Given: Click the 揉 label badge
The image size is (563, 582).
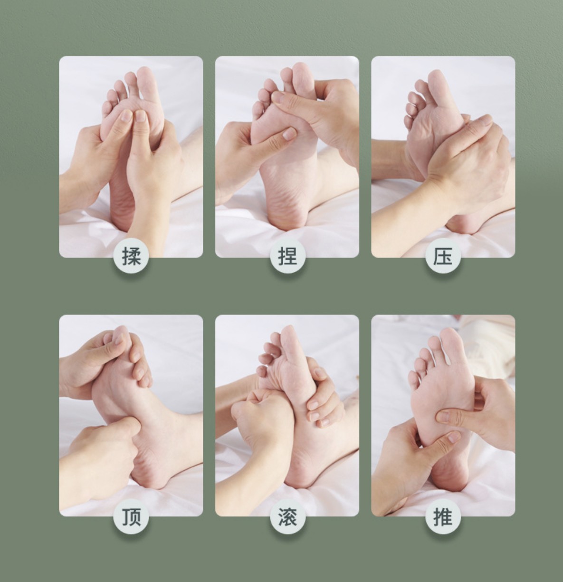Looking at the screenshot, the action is tap(131, 256).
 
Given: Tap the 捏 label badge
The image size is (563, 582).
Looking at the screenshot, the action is tap(287, 256).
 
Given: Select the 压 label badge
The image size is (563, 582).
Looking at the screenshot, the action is tap(443, 256).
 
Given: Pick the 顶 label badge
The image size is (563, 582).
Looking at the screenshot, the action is tap(131, 516).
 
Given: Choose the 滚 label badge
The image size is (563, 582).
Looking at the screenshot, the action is tap(287, 516).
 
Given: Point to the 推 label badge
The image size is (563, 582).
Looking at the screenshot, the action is tap(443, 516).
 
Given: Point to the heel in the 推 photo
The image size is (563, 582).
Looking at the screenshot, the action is tap(448, 476).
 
